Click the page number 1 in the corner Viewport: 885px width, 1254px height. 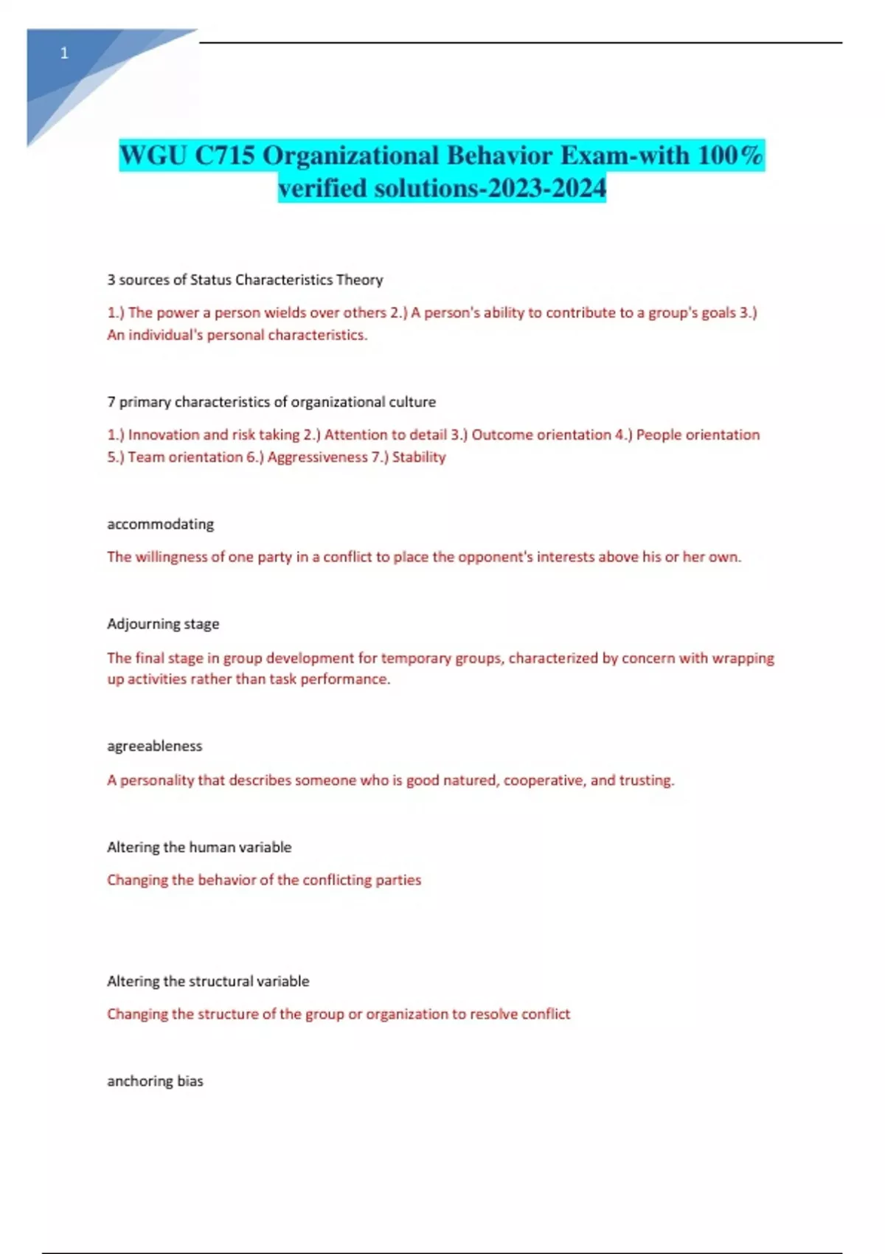tap(64, 53)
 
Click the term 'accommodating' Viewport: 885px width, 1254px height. tap(160, 524)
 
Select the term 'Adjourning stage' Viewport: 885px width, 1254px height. tap(163, 624)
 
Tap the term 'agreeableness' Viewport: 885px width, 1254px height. tap(154, 746)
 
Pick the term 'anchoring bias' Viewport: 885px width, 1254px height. tap(155, 1081)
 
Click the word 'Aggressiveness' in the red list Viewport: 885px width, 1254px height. tap(317, 457)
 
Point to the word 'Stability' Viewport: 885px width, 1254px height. tap(419, 457)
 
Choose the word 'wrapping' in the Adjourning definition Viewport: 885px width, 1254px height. tap(743, 658)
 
